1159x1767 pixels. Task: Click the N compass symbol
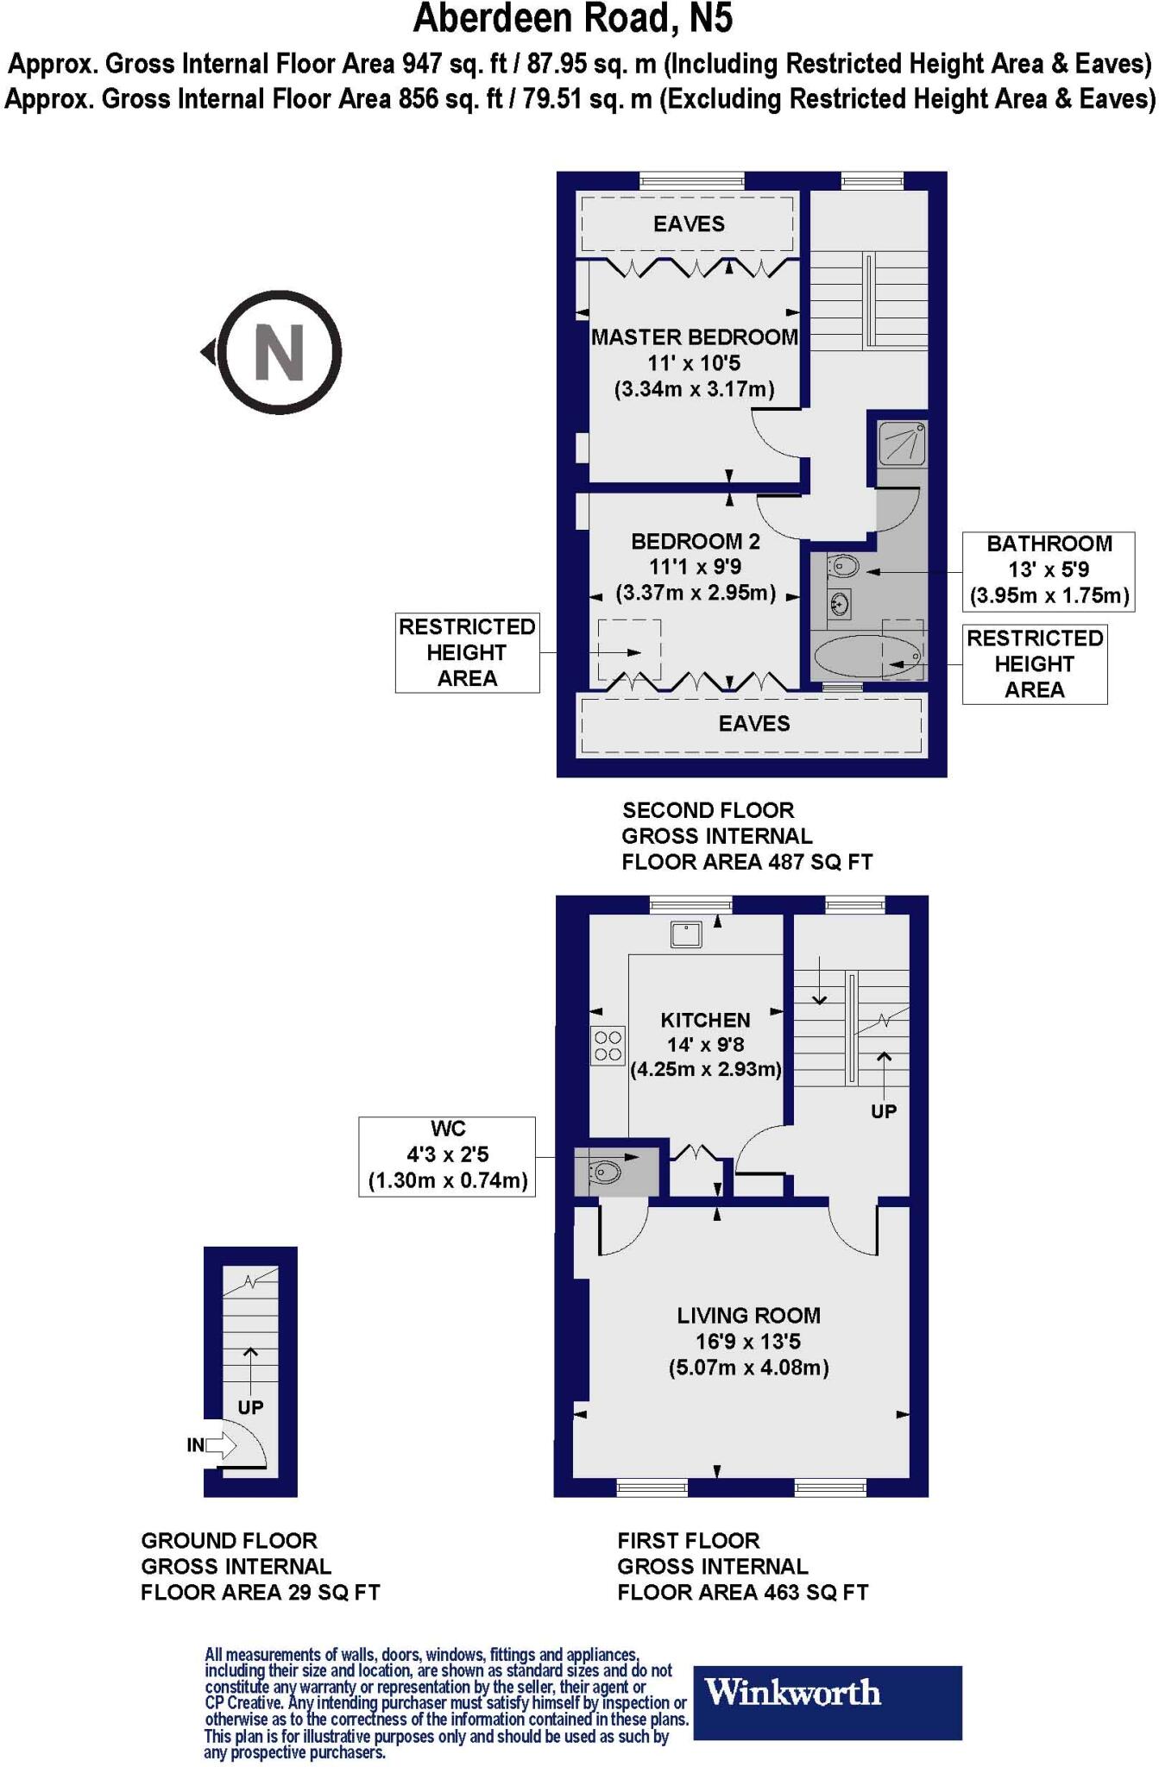pos(278,353)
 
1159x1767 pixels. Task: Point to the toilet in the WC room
pos(606,1172)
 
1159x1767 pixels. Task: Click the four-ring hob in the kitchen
pos(608,1046)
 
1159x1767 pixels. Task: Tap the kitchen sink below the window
pos(687,934)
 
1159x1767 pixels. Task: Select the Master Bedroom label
pos(694,337)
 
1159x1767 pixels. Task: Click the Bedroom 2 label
pos(695,542)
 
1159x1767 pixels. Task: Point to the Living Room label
pos(748,1316)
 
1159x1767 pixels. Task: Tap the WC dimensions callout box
pos(447,1155)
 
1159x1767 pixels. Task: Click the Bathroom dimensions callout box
pos(1049,570)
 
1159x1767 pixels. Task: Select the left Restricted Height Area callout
pos(467,652)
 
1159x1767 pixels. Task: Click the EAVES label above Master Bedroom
pos(688,224)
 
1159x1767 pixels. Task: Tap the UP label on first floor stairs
pos(883,1111)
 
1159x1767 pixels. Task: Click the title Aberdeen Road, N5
pos(573,19)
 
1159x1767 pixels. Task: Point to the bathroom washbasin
pos(839,601)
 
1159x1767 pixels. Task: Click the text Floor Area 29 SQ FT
pos(260,1592)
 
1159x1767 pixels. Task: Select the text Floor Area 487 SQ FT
pos(746,862)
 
